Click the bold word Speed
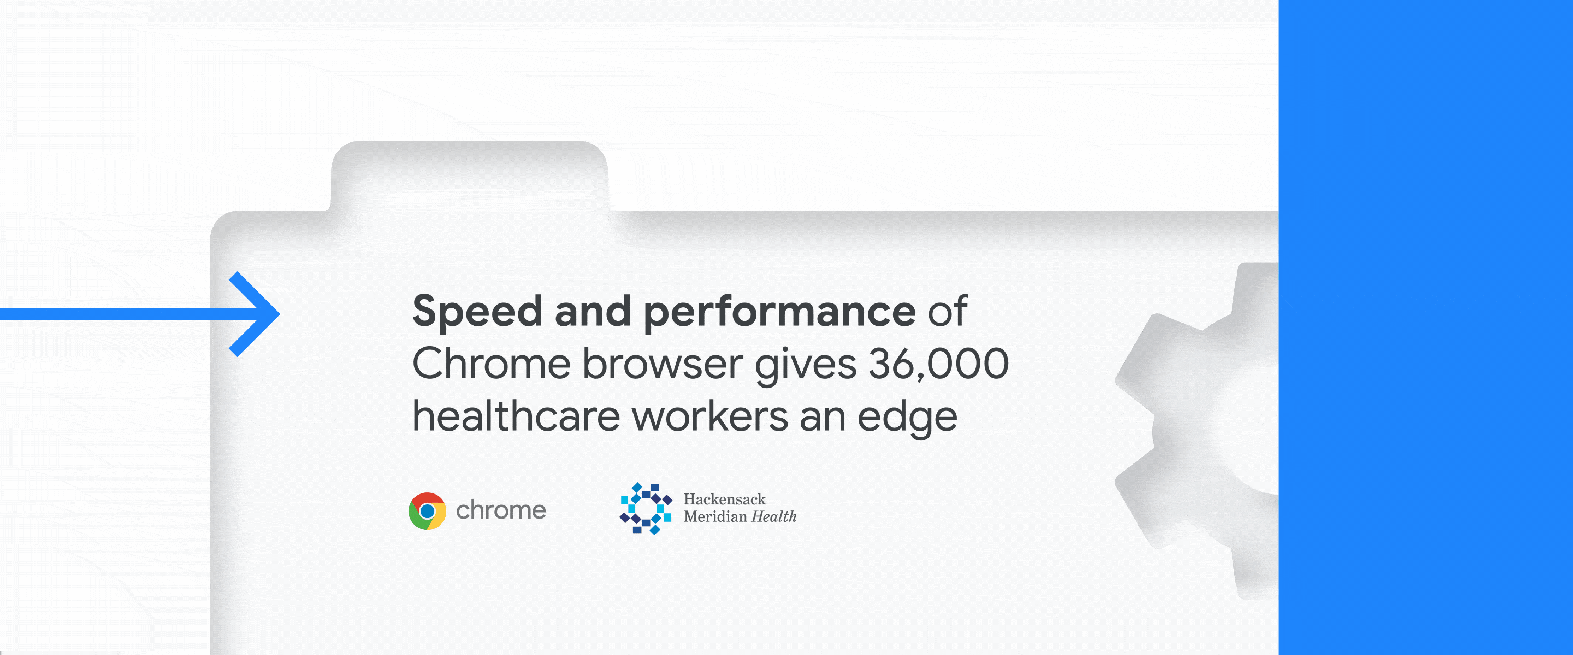click(477, 312)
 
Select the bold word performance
click(780, 312)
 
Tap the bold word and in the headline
click(592, 311)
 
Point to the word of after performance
click(948, 311)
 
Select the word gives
click(806, 366)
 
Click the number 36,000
click(938, 365)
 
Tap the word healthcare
click(516, 416)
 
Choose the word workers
click(709, 416)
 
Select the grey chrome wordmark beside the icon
click(501, 510)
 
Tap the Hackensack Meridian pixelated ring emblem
click(646, 509)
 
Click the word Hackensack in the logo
click(724, 499)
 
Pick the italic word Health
click(774, 516)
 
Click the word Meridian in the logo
click(715, 516)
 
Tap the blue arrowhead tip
click(279, 314)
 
